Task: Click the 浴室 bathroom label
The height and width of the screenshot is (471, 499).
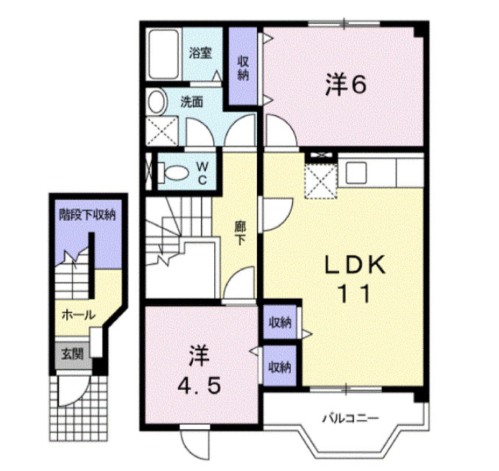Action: (200, 53)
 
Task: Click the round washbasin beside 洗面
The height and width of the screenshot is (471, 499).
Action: (157, 102)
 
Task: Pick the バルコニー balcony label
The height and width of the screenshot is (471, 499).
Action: (350, 419)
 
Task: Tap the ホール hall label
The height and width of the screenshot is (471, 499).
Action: (77, 315)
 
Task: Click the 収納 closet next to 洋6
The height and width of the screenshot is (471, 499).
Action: (243, 68)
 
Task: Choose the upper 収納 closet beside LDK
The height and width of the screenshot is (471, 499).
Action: (280, 322)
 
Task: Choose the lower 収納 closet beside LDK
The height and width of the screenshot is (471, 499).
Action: (280, 366)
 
